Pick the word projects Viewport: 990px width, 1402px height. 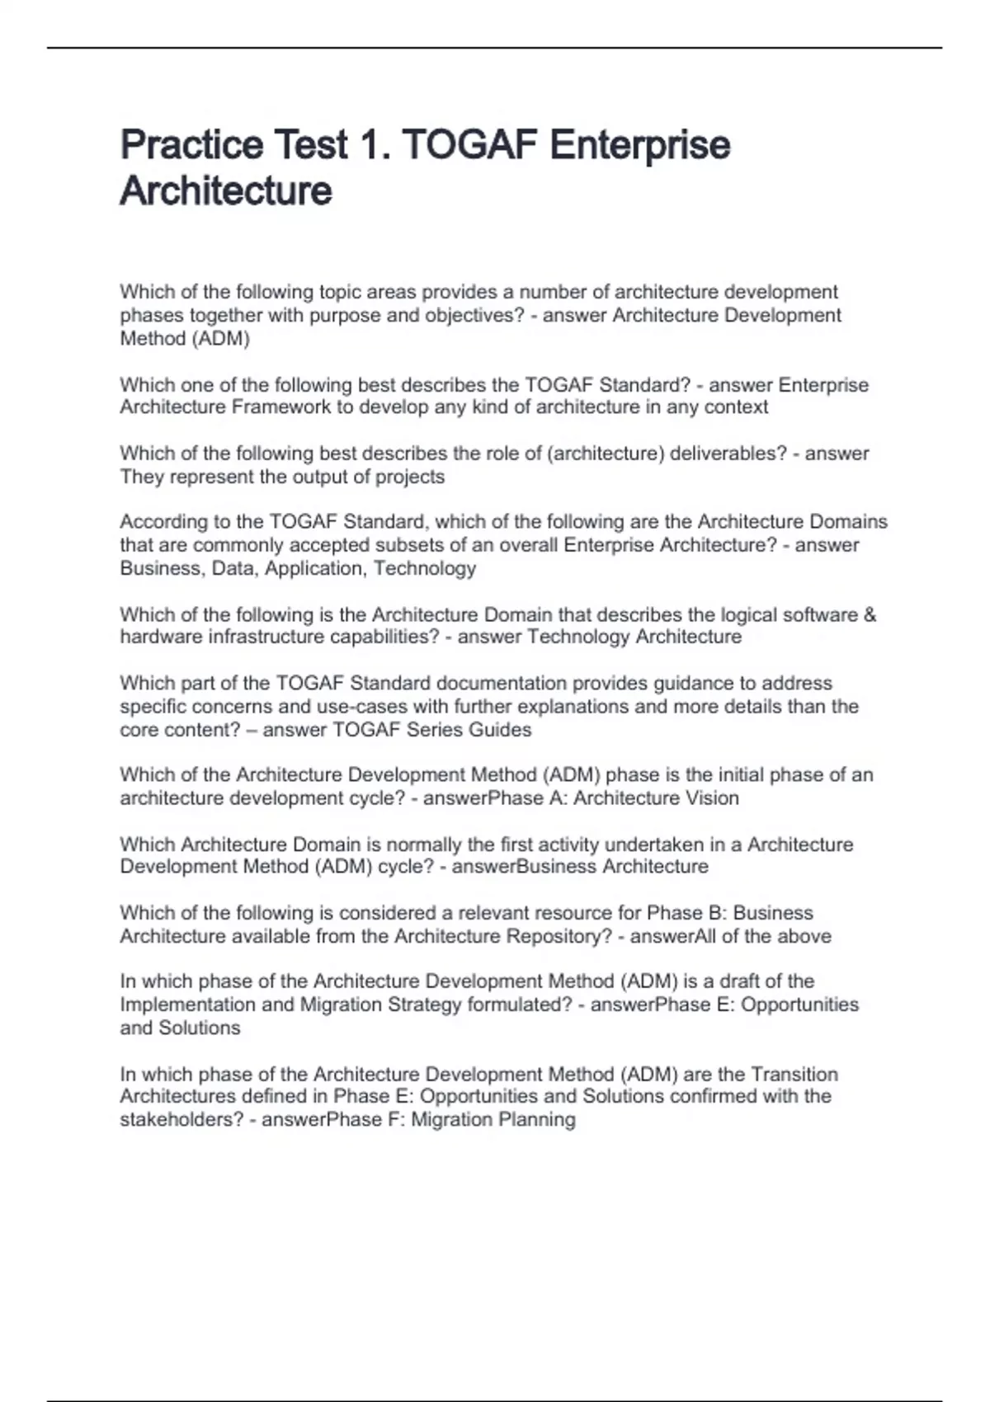click(410, 477)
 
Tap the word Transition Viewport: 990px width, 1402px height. click(794, 1075)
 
